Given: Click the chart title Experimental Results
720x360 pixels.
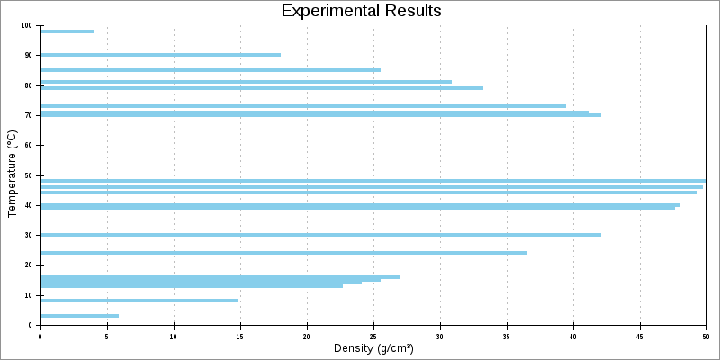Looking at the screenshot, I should point(361,11).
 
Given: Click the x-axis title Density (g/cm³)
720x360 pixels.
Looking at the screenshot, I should point(373,348).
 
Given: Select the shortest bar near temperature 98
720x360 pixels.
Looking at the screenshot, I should point(67,31).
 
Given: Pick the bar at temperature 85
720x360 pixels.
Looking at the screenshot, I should point(211,70).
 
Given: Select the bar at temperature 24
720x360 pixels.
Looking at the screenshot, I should point(283,253).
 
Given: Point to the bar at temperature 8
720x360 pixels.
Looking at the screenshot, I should point(139,301).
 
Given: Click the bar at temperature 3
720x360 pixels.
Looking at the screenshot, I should point(79,316).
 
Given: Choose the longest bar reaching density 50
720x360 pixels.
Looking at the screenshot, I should point(373,181).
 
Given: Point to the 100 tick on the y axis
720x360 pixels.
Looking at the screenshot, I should point(27,25).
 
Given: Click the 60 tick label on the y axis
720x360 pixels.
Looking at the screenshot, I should point(29,145).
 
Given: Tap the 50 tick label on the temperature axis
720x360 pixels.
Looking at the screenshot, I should point(29,175).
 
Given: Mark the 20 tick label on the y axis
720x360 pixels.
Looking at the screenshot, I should point(29,265).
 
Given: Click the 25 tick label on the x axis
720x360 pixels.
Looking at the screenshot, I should point(373,337).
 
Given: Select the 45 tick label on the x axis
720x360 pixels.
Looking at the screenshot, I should point(640,337).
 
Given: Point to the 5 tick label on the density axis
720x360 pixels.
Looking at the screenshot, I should point(107,337).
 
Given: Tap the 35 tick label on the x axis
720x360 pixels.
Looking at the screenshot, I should point(507,337).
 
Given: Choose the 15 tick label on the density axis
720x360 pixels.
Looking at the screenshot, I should point(240,337).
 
